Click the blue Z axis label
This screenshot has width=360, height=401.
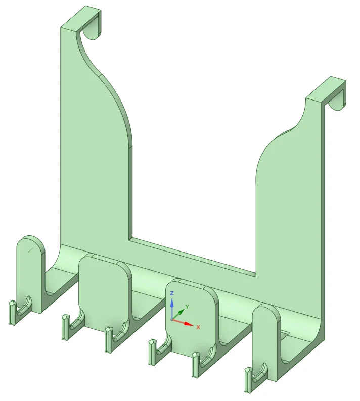[x=172, y=293]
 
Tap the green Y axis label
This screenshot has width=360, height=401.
[x=187, y=307]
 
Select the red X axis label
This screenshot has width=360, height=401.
[x=198, y=327]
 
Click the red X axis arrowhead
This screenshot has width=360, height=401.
[x=189, y=324]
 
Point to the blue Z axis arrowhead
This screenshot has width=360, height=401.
[x=172, y=303]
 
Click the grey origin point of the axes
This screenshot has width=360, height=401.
[x=172, y=320]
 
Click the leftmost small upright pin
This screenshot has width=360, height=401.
[x=12, y=313]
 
